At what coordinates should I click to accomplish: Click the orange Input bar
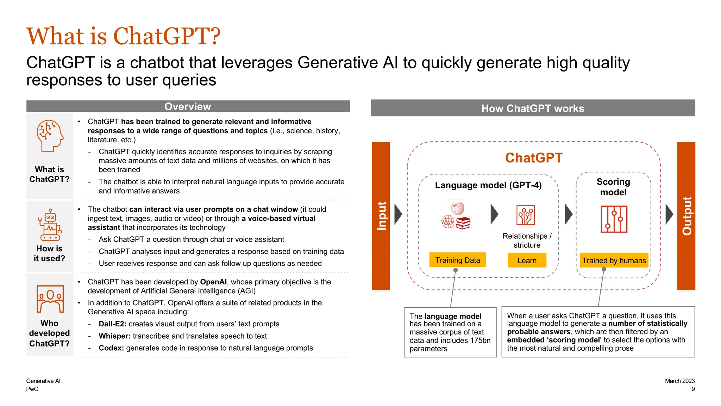pyautogui.click(x=381, y=216)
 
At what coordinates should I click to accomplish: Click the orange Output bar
pyautogui.click(x=686, y=216)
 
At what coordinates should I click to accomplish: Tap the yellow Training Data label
pyautogui.click(x=457, y=260)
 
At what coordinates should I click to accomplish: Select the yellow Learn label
pyautogui.click(x=527, y=260)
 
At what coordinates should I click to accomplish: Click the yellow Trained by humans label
pyautogui.click(x=614, y=260)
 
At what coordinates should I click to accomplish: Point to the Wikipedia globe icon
pyautogui.click(x=457, y=208)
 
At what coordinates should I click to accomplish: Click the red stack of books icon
pyautogui.click(x=463, y=223)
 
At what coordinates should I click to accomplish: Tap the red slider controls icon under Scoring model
pyautogui.click(x=614, y=219)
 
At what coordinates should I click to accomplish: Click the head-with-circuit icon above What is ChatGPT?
pyautogui.click(x=50, y=136)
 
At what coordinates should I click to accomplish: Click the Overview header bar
pyautogui.click(x=188, y=106)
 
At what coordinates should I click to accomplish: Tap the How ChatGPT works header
pyautogui.click(x=532, y=108)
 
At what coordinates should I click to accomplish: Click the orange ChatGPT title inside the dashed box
pyautogui.click(x=533, y=158)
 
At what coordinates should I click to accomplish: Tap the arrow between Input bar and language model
pyautogui.click(x=398, y=214)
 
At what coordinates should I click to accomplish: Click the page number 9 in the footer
pyautogui.click(x=693, y=389)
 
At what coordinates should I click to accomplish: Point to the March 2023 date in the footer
pyautogui.click(x=679, y=381)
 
